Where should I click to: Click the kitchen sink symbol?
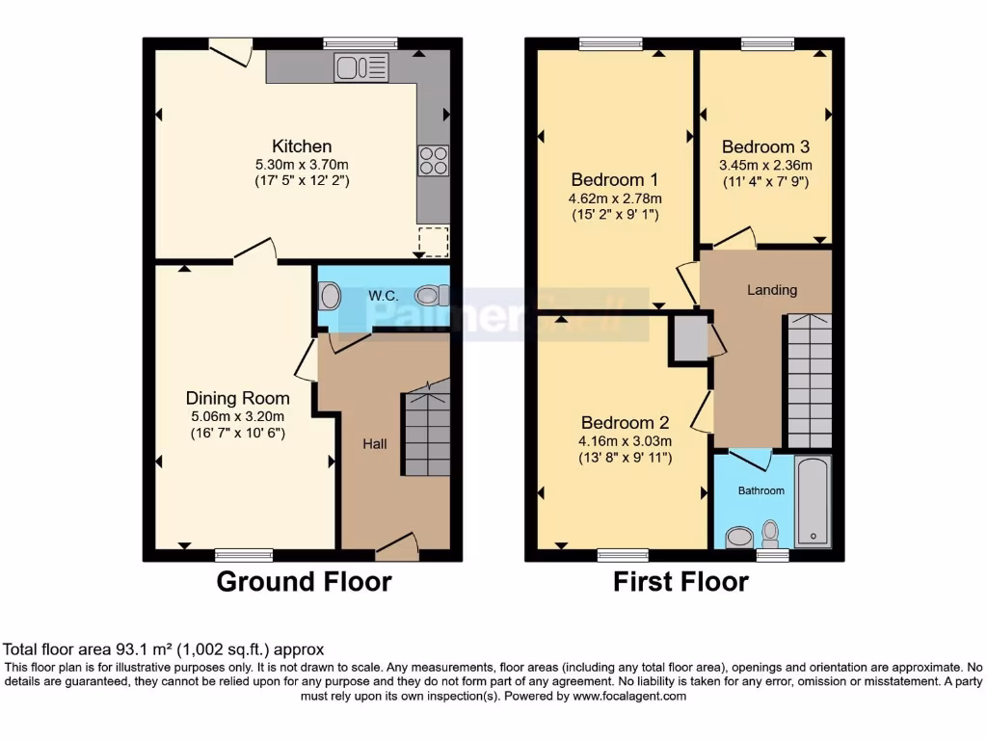coord(361,67)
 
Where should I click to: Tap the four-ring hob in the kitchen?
coord(433,160)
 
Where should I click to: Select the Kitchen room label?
coord(302,146)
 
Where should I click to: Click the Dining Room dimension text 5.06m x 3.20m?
coord(237,416)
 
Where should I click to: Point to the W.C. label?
coord(383,296)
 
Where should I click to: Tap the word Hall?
coord(375,444)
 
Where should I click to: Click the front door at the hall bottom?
coord(396,548)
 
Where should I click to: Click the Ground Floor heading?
coord(304,582)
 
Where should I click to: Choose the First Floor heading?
coord(680,582)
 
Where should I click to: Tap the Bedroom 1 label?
coord(614,180)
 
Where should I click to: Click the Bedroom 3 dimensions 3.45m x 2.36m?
coord(766,165)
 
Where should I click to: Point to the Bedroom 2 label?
coord(626,423)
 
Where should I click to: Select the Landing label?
coord(772,290)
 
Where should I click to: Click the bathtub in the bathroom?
coord(813,501)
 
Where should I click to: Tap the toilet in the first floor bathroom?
coord(770,532)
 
